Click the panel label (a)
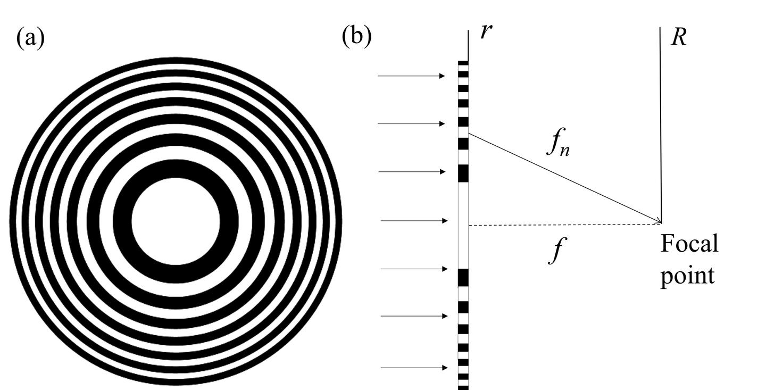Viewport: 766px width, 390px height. tap(30, 38)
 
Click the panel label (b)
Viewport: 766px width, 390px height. tap(356, 36)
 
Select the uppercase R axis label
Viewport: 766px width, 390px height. tap(678, 37)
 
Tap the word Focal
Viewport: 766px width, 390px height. tap(689, 244)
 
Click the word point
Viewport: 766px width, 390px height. tap(687, 277)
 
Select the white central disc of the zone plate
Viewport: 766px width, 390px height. tap(175, 221)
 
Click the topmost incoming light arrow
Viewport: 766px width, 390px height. tap(411, 76)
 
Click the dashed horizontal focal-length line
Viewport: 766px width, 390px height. tap(564, 224)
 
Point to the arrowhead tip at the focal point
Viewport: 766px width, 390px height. tap(661, 222)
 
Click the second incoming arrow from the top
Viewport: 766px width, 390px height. tap(411, 123)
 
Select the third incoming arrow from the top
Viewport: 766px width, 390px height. tap(411, 172)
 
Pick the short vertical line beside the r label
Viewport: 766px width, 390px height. tap(468, 45)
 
